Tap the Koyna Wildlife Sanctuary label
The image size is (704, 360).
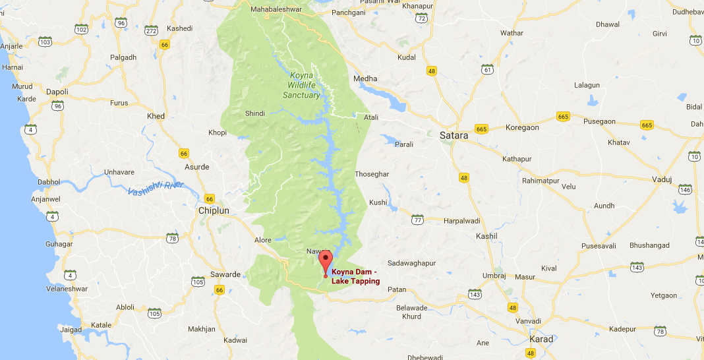coord(301,85)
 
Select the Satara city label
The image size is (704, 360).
coord(454,135)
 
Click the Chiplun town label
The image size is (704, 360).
coord(214,210)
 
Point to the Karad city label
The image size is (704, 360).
coord(542,339)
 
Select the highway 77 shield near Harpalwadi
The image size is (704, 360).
coord(417,219)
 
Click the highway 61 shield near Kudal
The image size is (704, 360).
coord(488,70)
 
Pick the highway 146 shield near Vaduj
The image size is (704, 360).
coord(686,190)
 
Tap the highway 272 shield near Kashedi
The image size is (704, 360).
coord(152,30)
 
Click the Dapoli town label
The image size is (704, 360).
coord(57,92)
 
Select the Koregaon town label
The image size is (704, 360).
coord(522,128)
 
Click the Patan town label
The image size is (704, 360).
coord(397,289)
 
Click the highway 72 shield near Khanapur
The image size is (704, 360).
coord(421,18)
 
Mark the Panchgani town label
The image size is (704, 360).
coord(349,13)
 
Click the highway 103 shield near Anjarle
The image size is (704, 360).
coord(45,42)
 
